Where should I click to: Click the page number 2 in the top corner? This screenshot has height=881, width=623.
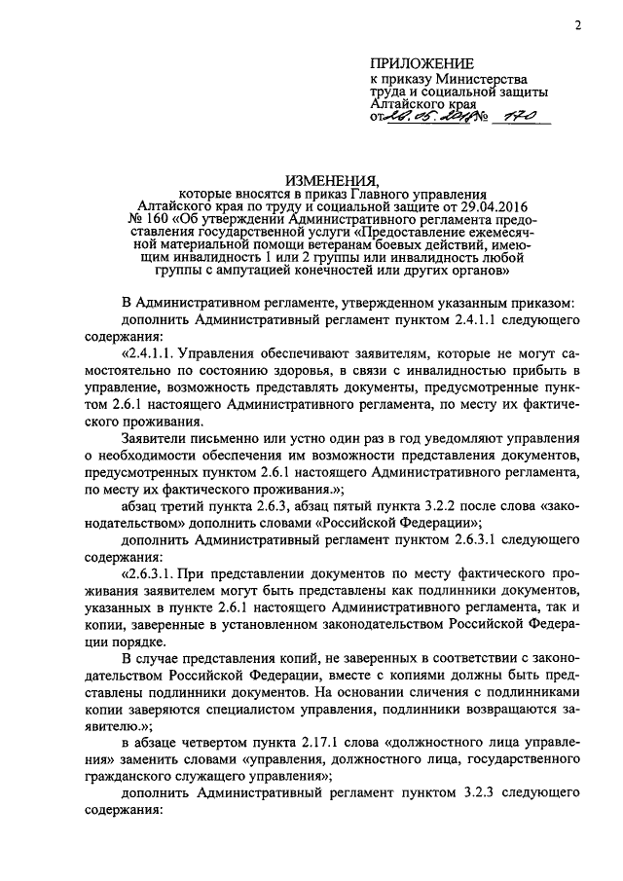pyautogui.click(x=577, y=26)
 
